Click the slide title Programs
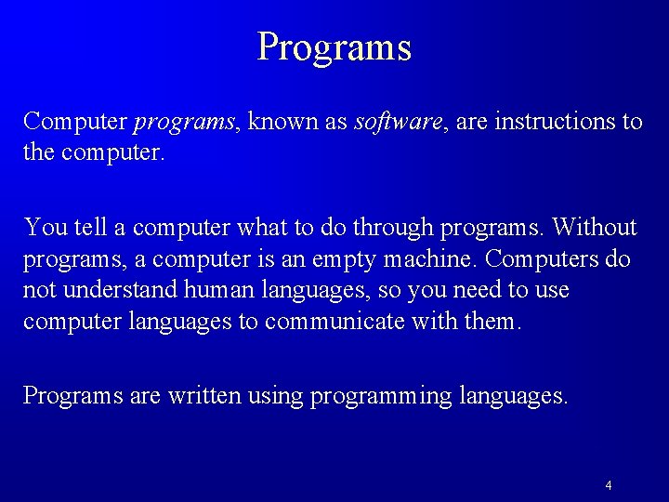[x=334, y=46]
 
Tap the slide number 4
[x=608, y=485]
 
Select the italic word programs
[x=184, y=123]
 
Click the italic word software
[x=397, y=122]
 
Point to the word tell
[x=86, y=227]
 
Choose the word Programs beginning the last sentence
[x=72, y=396]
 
